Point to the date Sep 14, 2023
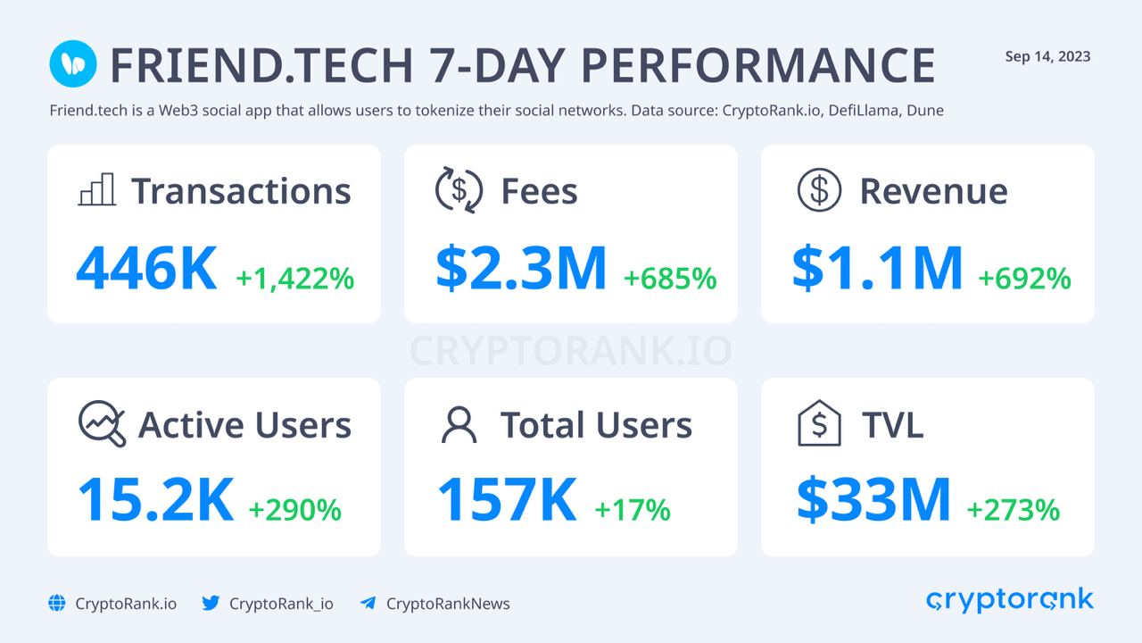pos(1047,57)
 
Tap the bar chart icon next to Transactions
pos(96,190)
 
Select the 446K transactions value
pos(146,269)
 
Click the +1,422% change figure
pos(294,279)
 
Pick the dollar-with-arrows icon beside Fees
pos(459,190)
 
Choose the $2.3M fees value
pos(521,269)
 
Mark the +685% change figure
pos(670,279)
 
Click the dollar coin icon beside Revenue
pos(819,190)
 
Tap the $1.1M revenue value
pos(878,269)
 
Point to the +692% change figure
pos(1024,279)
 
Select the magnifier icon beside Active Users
pos(102,423)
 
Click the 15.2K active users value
pos(155,500)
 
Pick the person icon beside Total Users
pos(459,425)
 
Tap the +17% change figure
pos(632,510)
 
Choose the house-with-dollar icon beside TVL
pos(818,423)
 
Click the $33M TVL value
pos(873,500)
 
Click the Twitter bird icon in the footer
pos(211,603)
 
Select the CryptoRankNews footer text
pos(448,604)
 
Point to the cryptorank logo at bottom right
pos(1009,600)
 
